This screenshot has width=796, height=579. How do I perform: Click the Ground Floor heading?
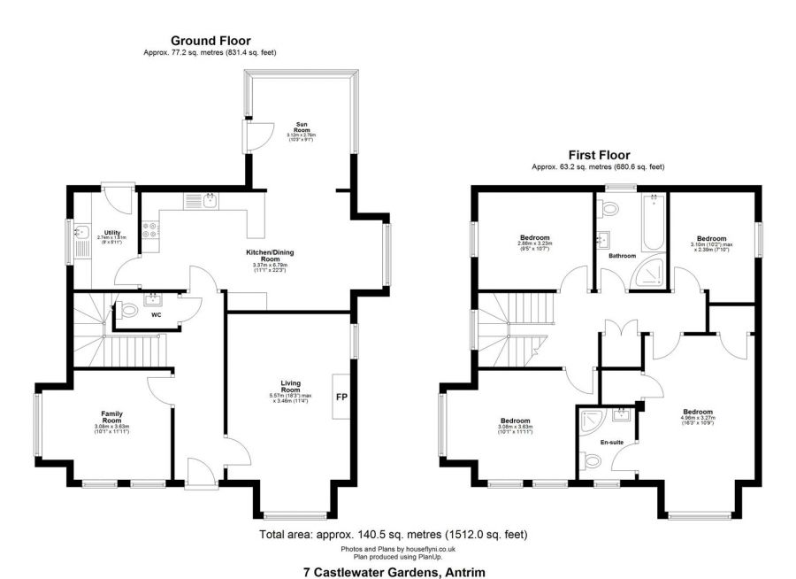210,41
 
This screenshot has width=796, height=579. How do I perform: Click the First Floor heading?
598,155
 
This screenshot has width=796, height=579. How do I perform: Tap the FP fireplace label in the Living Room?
340,397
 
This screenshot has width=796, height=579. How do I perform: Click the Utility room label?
111,233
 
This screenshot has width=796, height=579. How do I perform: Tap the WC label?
155,313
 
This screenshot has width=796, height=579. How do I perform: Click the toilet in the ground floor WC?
128,311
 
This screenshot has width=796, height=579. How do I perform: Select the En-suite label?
611,440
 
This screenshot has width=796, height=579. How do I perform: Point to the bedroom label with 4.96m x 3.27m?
698,412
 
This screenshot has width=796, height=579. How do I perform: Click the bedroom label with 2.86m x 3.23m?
534,237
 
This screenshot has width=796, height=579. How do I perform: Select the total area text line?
394,535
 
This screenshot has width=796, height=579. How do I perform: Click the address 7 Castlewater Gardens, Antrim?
394,571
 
